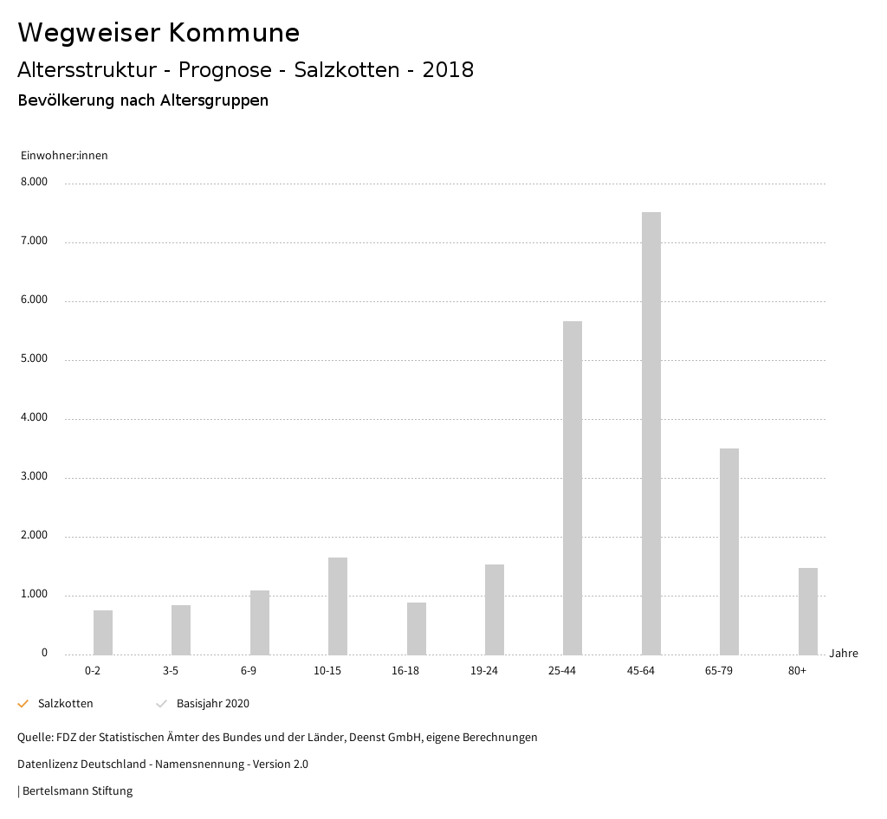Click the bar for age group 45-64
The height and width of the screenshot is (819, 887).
[651, 433]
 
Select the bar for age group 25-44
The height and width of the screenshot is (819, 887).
[573, 487]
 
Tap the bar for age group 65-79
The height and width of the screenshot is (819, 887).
[729, 551]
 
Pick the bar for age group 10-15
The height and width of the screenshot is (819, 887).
[338, 606]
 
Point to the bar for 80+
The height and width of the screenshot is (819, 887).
[807, 611]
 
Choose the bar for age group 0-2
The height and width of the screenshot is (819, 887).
[103, 632]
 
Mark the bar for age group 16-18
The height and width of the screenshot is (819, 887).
[416, 629]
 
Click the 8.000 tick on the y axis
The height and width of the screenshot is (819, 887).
[34, 183]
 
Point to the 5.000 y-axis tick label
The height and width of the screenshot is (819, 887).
[34, 359]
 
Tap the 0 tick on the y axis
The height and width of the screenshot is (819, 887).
[44, 654]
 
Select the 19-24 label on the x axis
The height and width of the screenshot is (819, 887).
[484, 671]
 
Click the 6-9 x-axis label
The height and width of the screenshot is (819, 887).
[249, 671]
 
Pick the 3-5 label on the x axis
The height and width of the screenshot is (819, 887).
[171, 671]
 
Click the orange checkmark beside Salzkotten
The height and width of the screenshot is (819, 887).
[23, 704]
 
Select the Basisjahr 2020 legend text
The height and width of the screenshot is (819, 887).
[212, 704]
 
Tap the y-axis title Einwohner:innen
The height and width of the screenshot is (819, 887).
[64, 156]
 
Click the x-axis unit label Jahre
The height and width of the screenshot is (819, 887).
[843, 654]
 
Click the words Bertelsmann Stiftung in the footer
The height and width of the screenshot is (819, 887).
[77, 791]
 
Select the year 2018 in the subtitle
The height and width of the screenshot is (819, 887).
[448, 70]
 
